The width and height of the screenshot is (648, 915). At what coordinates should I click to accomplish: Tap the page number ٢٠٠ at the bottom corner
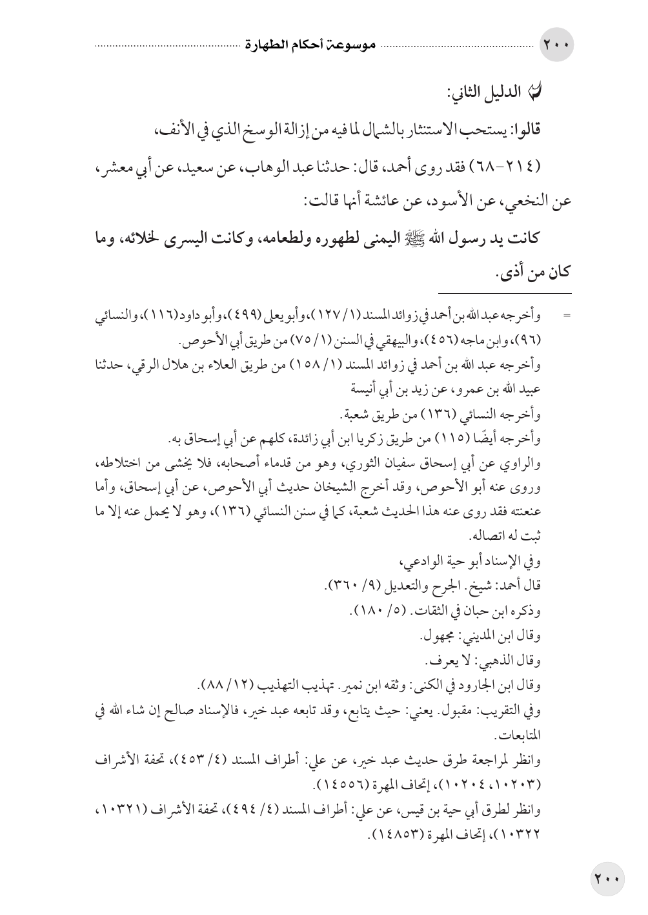click(x=606, y=878)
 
